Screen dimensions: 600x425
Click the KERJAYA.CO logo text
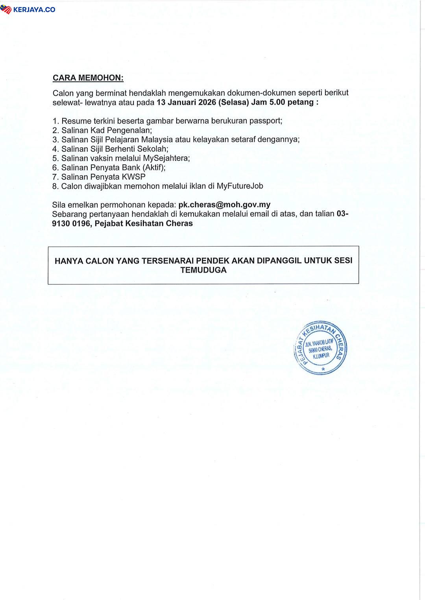34,9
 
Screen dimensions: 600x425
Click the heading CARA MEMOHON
88,78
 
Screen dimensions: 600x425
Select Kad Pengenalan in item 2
121,130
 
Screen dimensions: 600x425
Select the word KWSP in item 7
133,177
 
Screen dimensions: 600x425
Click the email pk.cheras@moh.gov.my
224,205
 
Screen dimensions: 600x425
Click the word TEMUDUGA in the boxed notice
203,270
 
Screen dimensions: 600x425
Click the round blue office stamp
320,347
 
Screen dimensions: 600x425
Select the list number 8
55,186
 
